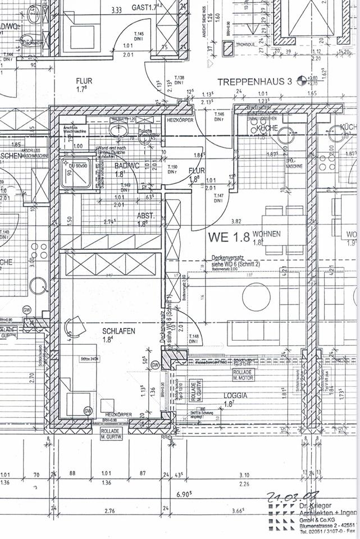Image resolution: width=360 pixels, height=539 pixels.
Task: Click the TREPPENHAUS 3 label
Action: (x=254, y=82)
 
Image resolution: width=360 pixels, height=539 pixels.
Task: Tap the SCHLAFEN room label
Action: (x=119, y=331)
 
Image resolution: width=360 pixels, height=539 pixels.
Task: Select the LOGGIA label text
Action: (x=235, y=395)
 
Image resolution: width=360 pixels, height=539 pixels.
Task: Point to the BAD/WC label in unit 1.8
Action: (x=126, y=167)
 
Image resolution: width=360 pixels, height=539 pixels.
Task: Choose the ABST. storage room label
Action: (x=145, y=216)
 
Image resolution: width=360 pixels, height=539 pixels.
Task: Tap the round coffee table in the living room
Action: (x=256, y=297)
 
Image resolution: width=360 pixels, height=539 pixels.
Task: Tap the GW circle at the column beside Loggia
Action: (x=156, y=365)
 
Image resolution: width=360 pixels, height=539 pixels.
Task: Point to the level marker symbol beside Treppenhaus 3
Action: (x=302, y=81)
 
